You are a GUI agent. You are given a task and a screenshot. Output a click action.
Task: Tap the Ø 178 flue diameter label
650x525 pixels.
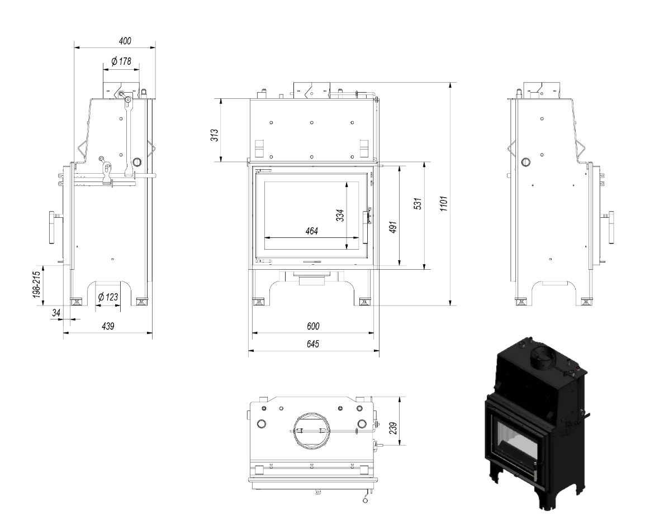pyautogui.click(x=121, y=61)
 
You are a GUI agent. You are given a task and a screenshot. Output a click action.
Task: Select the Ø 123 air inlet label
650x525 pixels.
pyautogui.click(x=108, y=297)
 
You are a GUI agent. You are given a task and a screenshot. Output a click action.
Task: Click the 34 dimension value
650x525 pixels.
pyautogui.click(x=56, y=313)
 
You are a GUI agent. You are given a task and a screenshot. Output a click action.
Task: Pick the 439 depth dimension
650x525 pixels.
pyautogui.click(x=107, y=326)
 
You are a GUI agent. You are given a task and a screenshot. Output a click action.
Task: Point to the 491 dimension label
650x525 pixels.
pyautogui.click(x=393, y=227)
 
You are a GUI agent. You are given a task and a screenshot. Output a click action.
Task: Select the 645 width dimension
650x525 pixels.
pyautogui.click(x=313, y=345)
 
